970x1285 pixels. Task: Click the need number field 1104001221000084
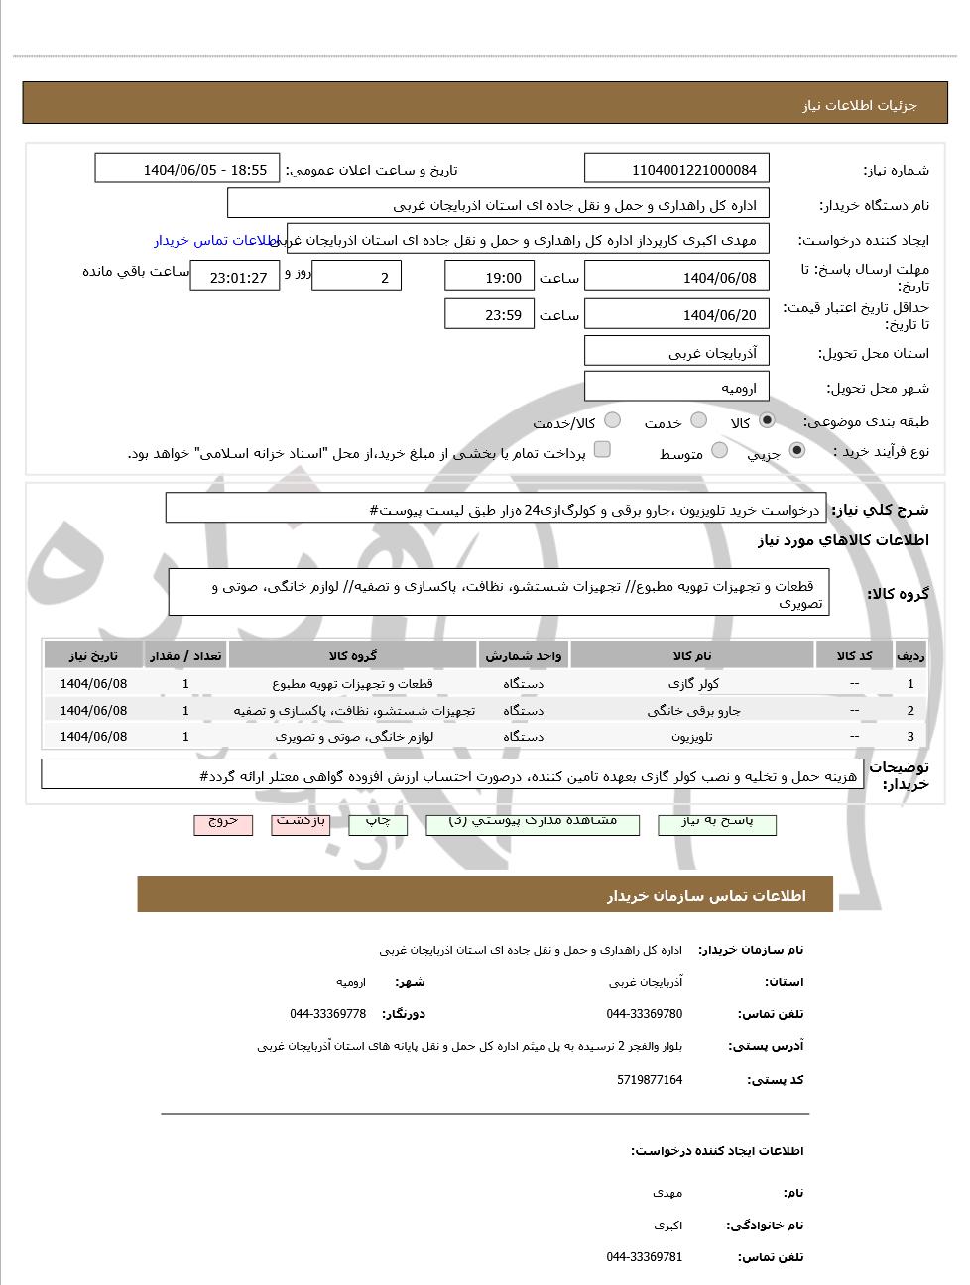point(676,169)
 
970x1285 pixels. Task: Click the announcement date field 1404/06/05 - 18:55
point(187,169)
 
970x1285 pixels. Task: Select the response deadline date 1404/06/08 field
point(676,277)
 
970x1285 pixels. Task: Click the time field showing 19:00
point(489,277)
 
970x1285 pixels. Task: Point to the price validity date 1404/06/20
point(676,314)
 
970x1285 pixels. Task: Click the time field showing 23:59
point(489,314)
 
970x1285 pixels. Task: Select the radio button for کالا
point(767,421)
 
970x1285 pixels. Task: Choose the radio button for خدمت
point(698,421)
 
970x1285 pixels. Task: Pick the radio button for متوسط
point(719,451)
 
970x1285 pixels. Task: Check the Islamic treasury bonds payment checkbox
point(602,450)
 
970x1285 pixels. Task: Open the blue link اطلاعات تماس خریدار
point(216,240)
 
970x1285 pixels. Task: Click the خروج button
point(223,823)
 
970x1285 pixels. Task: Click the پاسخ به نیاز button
point(717,823)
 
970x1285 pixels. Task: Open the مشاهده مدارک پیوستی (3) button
point(533,823)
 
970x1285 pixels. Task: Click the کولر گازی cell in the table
point(692,683)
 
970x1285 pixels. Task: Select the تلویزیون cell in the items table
point(692,736)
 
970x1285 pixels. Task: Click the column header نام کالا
point(692,655)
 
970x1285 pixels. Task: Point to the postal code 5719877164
point(650,1079)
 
